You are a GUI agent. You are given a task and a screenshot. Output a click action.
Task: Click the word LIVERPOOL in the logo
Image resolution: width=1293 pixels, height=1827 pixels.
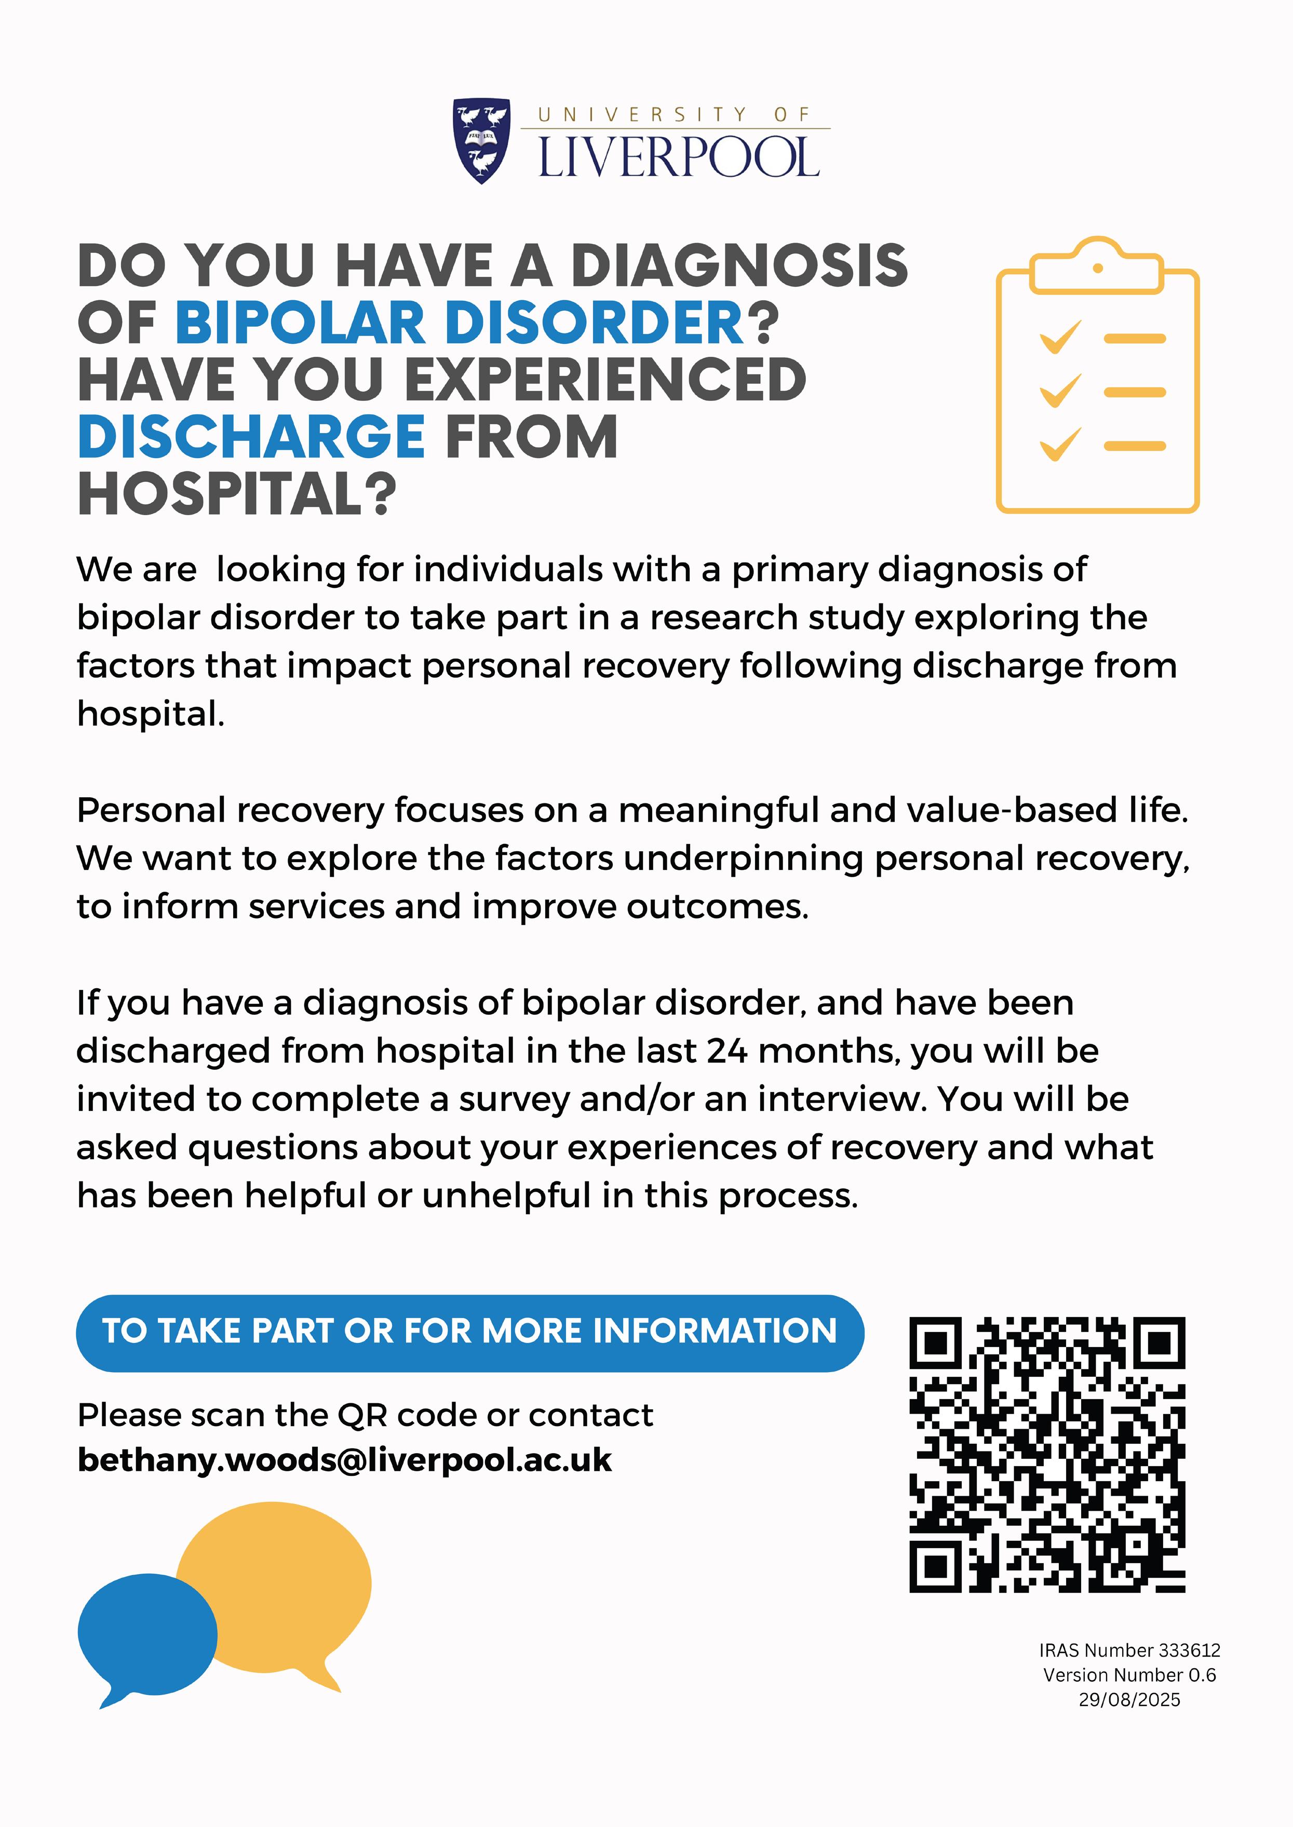pyautogui.click(x=678, y=158)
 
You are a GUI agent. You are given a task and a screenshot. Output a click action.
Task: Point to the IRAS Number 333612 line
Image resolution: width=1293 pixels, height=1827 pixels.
pyautogui.click(x=1129, y=1650)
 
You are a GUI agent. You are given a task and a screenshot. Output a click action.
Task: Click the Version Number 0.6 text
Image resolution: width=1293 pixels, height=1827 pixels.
pyautogui.click(x=1129, y=1675)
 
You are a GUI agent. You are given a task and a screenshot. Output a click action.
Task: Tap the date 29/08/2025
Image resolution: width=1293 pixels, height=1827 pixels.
pyautogui.click(x=1129, y=1700)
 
